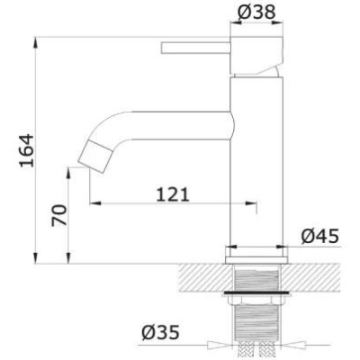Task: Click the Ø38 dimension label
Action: [256, 13]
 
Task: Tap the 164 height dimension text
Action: [26, 150]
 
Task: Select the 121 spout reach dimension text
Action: [173, 195]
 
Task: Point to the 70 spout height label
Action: [59, 215]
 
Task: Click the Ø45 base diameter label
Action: [320, 237]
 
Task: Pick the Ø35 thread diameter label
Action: [160, 332]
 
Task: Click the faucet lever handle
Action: [195, 49]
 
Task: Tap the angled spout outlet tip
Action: [95, 156]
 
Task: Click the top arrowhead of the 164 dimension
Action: [36, 42]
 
